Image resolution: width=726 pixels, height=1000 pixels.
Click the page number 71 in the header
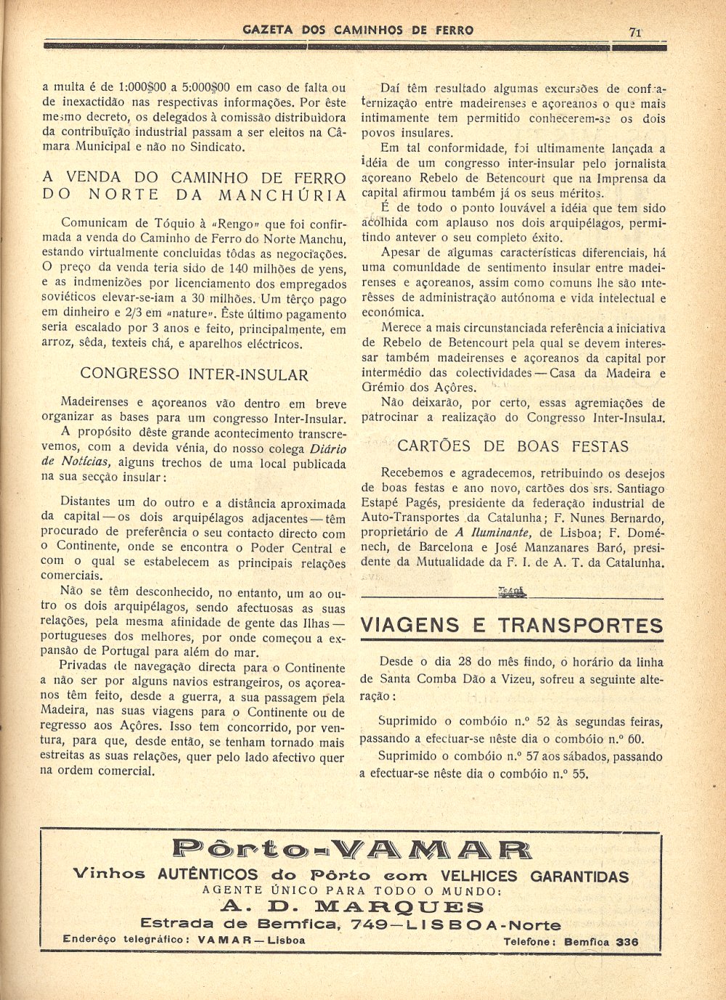coord(635,31)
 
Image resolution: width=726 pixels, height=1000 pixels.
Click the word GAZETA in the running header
coord(268,30)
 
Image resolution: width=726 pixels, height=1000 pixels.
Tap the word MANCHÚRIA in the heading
coord(283,194)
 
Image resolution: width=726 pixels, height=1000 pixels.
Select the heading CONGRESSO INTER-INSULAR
coord(194,374)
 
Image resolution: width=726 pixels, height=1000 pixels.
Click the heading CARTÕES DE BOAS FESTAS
coord(513,446)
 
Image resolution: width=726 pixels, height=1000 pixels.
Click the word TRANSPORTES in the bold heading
coord(580,626)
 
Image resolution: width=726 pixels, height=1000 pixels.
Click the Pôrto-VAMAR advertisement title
coord(352,849)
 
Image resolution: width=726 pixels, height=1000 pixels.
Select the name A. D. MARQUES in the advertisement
coord(352,906)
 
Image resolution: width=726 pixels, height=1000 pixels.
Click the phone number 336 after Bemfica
coord(627,942)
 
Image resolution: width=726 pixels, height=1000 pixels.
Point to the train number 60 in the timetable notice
coord(635,739)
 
